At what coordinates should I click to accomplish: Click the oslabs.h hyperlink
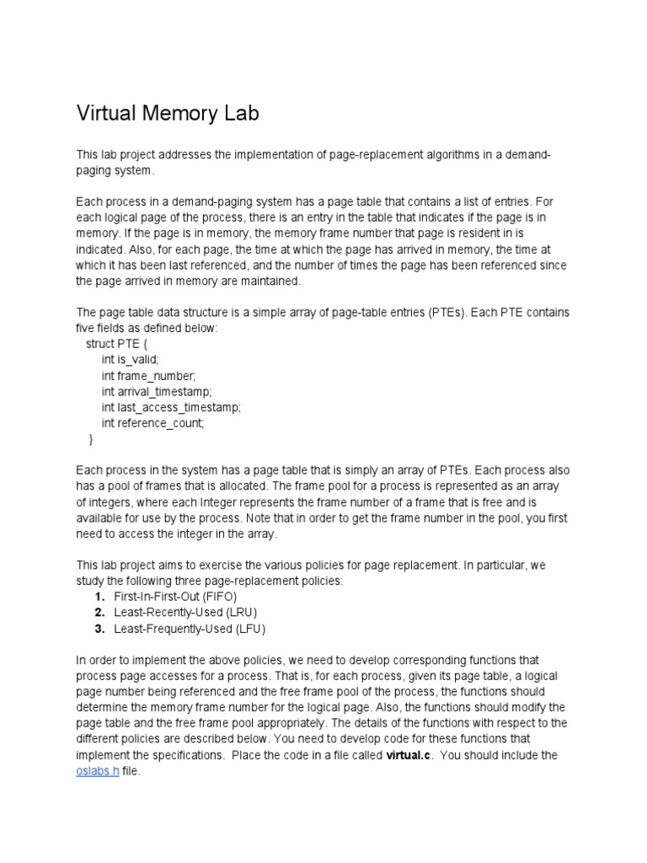[x=98, y=771]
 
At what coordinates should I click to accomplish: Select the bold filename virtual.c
[x=413, y=755]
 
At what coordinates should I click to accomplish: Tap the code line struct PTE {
[x=120, y=344]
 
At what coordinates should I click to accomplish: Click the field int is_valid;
[x=130, y=360]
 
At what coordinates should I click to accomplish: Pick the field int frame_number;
[x=148, y=376]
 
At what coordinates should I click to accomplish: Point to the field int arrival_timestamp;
[x=157, y=392]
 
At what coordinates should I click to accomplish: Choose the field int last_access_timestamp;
[x=171, y=408]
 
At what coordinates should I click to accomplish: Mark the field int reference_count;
[x=152, y=424]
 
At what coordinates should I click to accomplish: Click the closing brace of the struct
[x=91, y=440]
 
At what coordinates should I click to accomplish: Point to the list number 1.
[x=99, y=595]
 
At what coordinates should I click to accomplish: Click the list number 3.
[x=99, y=628]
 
